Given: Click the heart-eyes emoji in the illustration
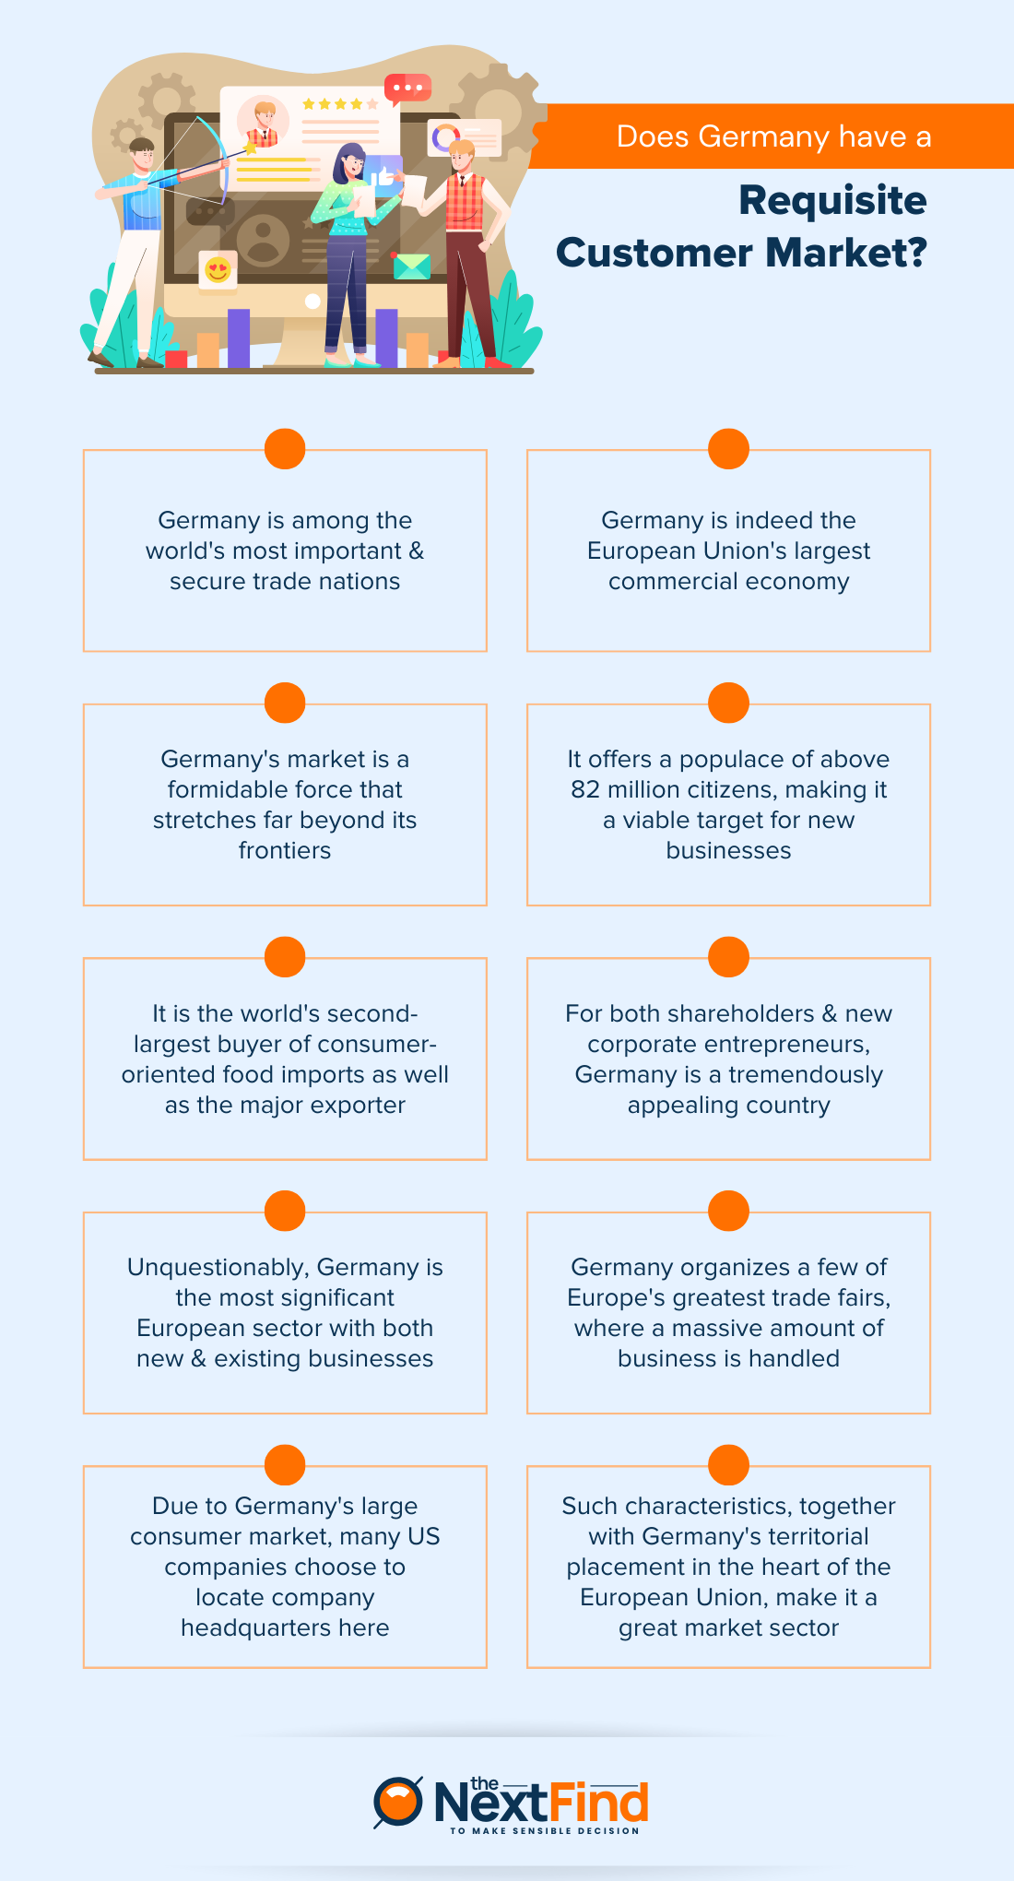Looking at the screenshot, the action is click(218, 270).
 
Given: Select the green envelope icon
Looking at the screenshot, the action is click(411, 266).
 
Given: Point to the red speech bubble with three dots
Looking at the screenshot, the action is click(407, 89).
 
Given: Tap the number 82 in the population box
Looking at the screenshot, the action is click(584, 790).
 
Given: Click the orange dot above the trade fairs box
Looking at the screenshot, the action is click(728, 1211).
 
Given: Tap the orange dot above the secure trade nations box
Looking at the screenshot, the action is click(285, 449).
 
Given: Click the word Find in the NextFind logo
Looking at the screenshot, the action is click(599, 1802).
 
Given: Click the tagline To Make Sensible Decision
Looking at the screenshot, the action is click(544, 1831).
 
